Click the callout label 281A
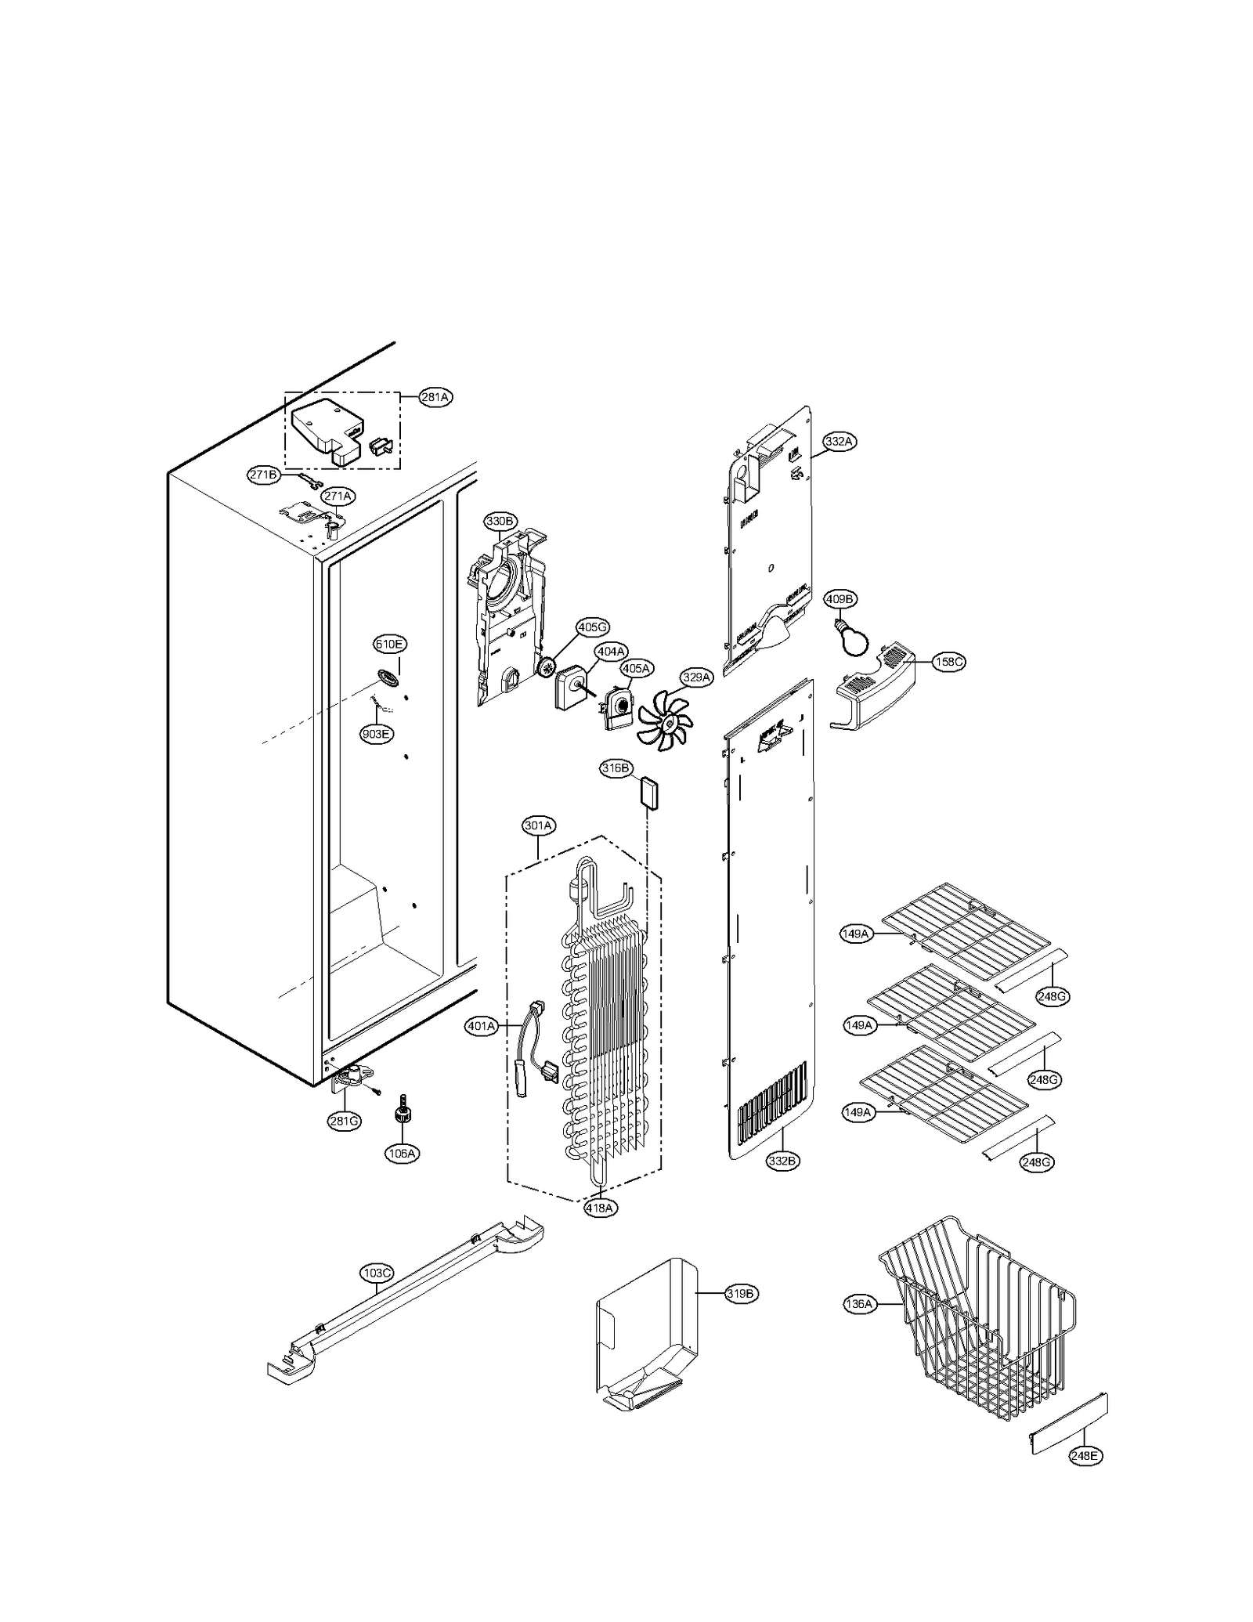tap(435, 397)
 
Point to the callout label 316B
tap(616, 768)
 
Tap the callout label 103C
tap(377, 1274)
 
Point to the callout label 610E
tap(389, 645)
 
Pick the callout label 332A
tap(838, 442)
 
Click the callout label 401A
tap(481, 1026)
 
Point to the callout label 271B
tap(264, 475)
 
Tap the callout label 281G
tap(344, 1121)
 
